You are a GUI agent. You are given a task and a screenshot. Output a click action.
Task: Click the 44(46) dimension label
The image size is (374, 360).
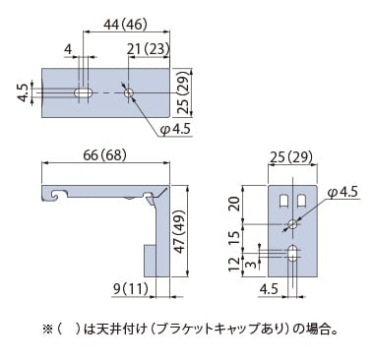(x=125, y=25)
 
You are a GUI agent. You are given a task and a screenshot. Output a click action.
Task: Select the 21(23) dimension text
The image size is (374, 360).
(x=148, y=49)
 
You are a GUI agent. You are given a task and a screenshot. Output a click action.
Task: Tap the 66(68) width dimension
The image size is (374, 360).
(x=104, y=155)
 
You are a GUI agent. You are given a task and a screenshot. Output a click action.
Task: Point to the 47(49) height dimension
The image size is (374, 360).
(x=180, y=231)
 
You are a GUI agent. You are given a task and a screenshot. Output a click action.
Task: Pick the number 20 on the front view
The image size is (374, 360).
(x=234, y=204)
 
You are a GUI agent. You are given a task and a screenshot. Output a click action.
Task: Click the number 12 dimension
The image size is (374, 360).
(x=234, y=265)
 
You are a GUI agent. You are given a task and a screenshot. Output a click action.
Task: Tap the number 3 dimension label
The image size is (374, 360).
(x=251, y=265)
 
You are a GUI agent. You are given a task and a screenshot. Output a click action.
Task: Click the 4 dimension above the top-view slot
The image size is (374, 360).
(x=68, y=49)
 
